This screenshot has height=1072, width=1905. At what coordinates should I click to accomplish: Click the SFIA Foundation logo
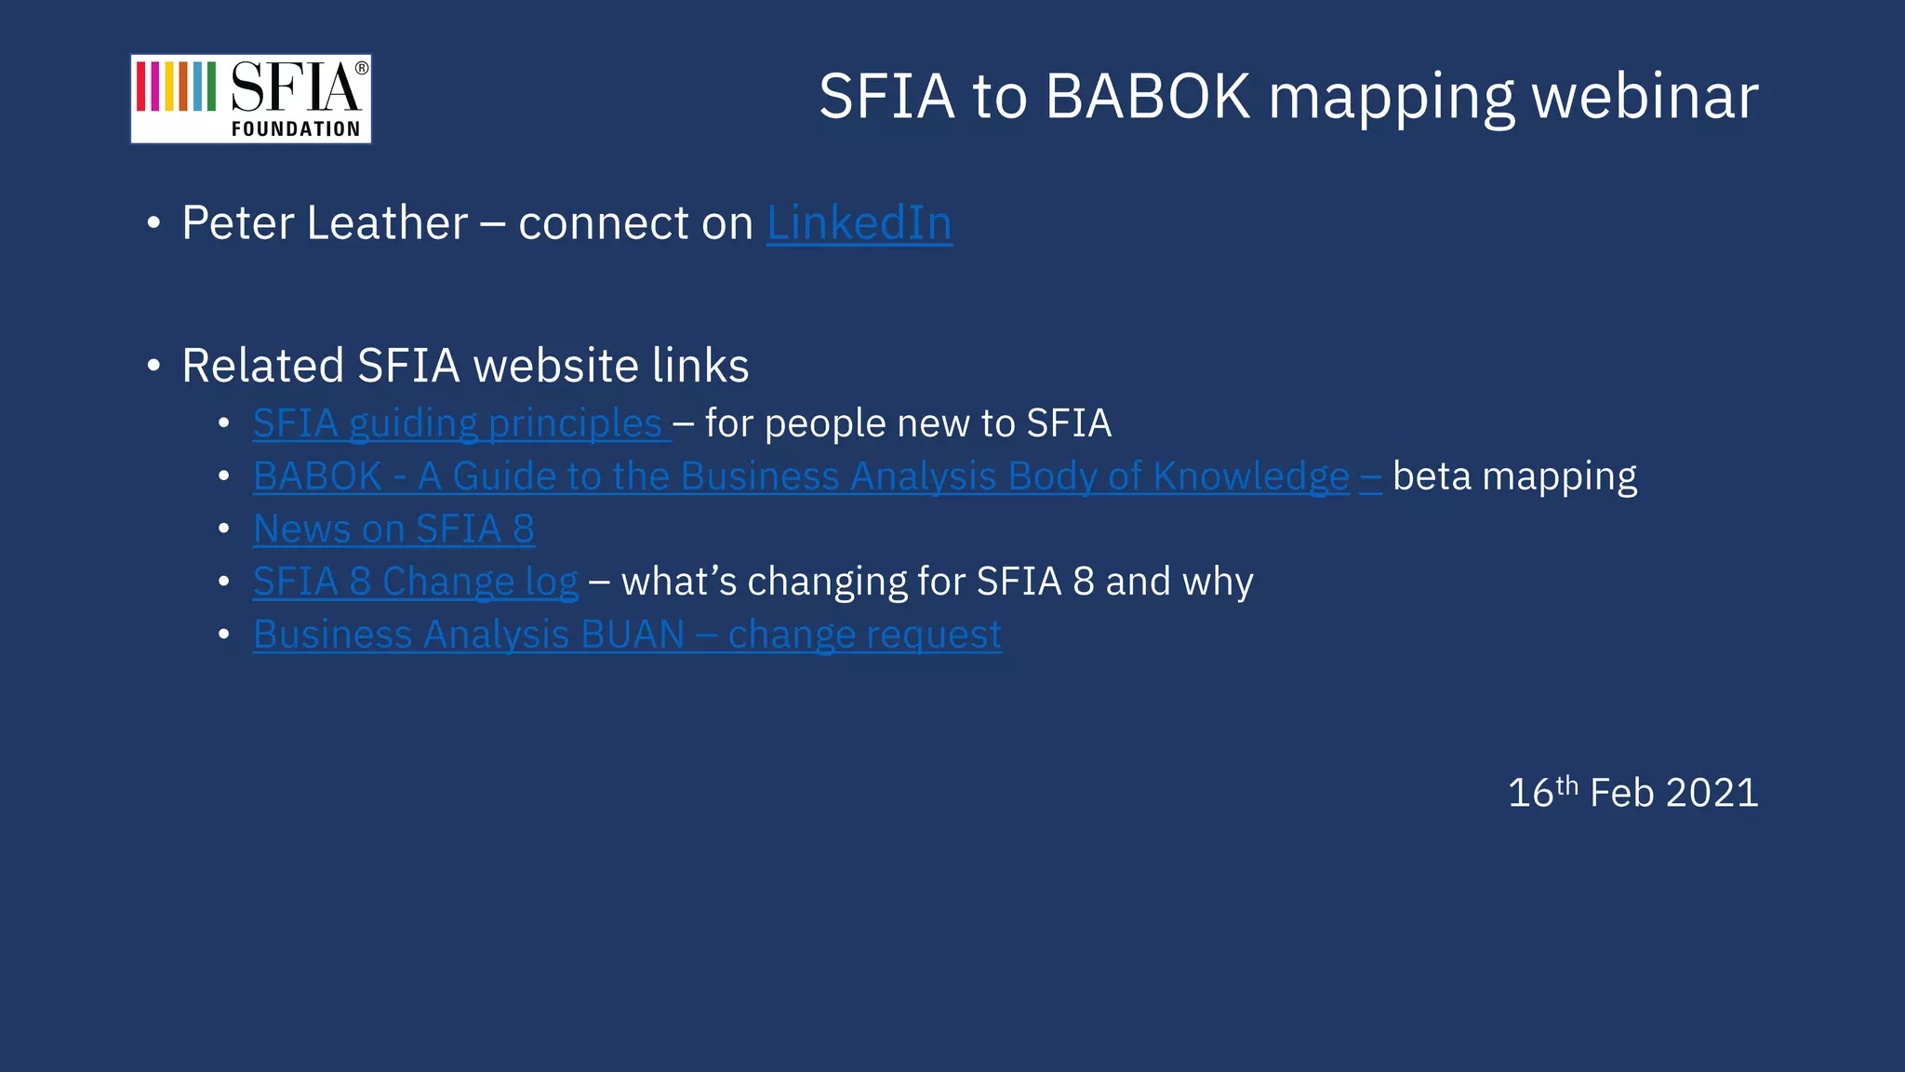[x=250, y=99]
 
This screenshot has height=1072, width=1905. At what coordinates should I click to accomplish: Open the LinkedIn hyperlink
[x=859, y=223]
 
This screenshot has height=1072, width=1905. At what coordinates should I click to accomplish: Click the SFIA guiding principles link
[x=457, y=424]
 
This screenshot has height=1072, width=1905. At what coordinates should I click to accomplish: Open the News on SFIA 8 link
[x=393, y=529]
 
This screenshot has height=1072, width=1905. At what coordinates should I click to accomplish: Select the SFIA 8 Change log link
[x=415, y=583]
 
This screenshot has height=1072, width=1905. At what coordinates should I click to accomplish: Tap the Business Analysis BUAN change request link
[x=627, y=635]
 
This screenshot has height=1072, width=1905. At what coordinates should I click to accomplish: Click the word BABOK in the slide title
[x=1147, y=96]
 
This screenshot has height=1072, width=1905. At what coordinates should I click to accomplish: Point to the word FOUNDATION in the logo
[x=296, y=129]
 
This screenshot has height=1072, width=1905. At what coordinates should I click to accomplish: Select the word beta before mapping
[x=1432, y=476]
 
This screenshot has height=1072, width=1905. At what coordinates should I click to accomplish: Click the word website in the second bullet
[x=557, y=366]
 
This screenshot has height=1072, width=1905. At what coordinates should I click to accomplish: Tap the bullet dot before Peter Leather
[x=153, y=224]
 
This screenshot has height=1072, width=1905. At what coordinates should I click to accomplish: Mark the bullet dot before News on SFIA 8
[x=223, y=529]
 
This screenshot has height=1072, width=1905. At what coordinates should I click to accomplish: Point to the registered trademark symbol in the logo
[x=362, y=68]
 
